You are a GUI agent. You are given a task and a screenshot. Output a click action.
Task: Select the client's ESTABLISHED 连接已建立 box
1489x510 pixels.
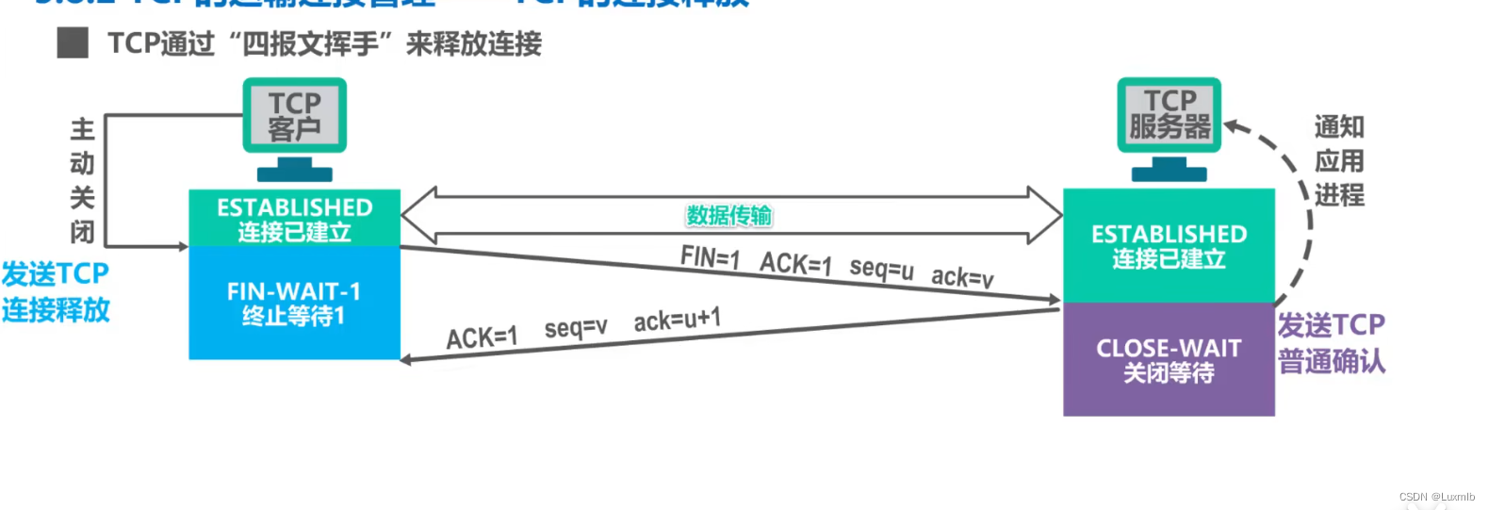[294, 219]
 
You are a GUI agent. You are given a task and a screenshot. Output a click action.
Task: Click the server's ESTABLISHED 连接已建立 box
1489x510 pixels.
[1169, 246]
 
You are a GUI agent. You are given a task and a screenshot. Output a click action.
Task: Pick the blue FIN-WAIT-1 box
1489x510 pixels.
[294, 303]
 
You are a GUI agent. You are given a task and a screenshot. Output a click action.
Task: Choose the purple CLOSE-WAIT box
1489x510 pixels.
[1169, 359]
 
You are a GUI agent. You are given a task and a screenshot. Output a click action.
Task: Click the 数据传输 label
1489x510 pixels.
[728, 215]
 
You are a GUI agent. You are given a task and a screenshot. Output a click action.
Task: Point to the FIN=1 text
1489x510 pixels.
[710, 256]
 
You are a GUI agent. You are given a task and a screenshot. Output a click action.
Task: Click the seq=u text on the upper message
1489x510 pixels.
[881, 269]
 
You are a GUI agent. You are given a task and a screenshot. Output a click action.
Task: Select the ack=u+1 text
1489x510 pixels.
[677, 321]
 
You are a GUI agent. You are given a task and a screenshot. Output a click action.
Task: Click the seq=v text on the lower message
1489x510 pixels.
[576, 328]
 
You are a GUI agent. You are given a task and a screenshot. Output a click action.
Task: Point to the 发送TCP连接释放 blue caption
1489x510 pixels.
[56, 291]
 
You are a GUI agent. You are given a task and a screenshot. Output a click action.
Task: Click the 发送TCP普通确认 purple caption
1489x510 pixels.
[1331, 343]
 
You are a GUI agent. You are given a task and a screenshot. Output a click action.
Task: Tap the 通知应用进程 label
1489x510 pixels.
[1339, 160]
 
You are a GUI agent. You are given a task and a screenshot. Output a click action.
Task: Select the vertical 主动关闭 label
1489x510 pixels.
[82, 180]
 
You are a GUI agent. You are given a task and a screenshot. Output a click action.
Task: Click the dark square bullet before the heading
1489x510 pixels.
[73, 43]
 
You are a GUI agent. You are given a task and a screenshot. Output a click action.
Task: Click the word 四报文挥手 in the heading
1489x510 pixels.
[310, 43]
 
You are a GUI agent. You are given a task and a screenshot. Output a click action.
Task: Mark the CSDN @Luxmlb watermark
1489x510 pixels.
[1436, 497]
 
